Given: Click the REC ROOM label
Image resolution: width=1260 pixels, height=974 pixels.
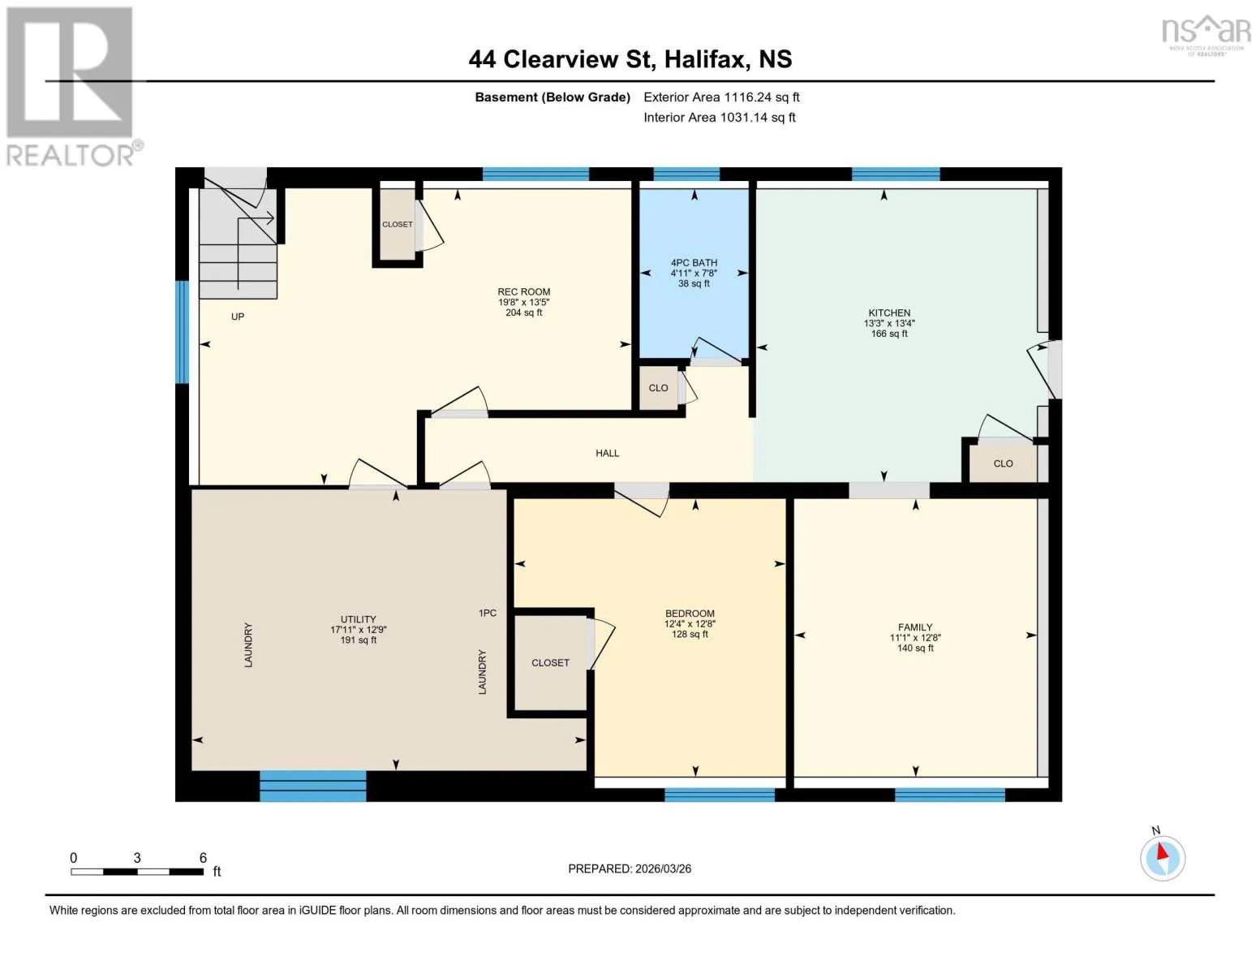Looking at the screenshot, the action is pos(523,291).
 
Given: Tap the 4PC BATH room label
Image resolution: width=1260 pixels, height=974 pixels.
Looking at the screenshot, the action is pos(694,263).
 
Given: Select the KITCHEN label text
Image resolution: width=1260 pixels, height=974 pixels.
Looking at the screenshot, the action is pos(889,312).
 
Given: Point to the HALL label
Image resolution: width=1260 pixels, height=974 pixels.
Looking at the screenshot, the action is pos(607,453).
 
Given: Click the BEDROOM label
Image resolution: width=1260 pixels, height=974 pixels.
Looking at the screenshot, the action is pos(690,613).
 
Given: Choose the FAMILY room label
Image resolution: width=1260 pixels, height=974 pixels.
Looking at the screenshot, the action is pos(915,627).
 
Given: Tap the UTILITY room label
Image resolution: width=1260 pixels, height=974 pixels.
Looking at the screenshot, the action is pos(359,619).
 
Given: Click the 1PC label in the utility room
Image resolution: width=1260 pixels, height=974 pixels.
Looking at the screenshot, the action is pos(487,613).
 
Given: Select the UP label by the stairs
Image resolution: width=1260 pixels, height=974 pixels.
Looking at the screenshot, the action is pos(238,317).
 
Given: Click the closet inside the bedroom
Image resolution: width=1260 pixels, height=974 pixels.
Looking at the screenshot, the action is pos(550,662).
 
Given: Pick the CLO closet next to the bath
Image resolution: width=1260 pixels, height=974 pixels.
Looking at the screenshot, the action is pos(658,387).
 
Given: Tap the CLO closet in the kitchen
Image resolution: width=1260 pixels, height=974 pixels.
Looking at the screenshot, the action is pos(1003,463).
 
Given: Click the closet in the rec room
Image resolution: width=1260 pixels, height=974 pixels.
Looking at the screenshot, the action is pos(398,224).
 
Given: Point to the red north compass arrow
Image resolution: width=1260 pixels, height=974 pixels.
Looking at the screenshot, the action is pos(1162,851).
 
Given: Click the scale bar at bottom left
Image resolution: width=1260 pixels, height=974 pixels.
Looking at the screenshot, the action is pos(137,872).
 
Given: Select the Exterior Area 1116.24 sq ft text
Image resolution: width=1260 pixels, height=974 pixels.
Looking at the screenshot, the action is pos(721,97).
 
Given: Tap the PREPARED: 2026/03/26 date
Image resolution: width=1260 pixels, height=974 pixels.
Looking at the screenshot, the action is pos(630,869).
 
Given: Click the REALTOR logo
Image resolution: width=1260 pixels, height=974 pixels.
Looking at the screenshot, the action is pos(72,87).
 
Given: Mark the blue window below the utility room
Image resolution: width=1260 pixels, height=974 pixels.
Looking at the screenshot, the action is pos(312,786).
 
